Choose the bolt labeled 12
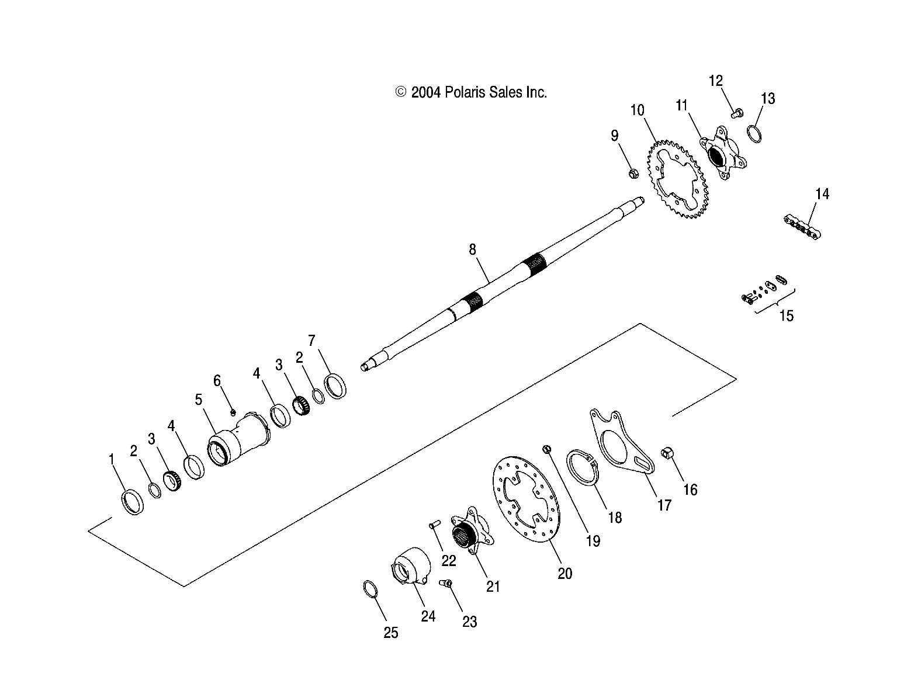pos(737,113)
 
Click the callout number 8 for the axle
pos(472,250)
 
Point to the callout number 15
pos(787,316)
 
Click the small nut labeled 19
pos(548,449)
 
